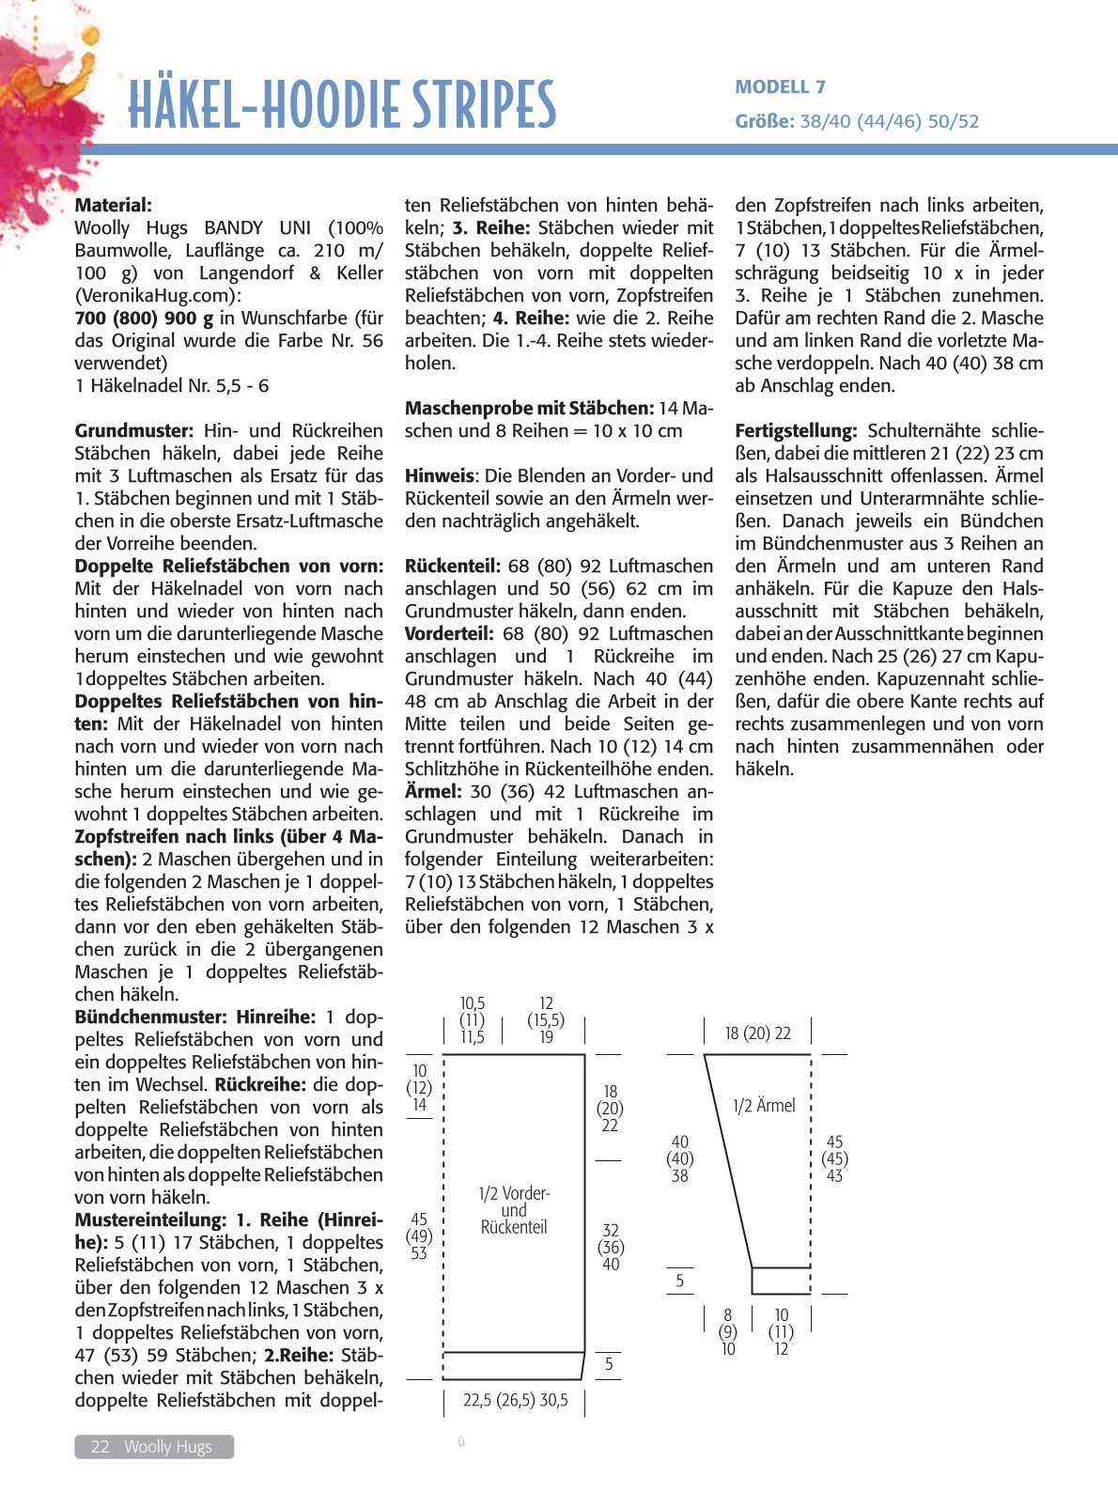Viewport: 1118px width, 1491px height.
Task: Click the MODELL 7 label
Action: click(780, 87)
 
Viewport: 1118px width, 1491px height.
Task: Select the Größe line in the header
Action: click(856, 121)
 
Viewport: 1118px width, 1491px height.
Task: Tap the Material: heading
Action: click(113, 205)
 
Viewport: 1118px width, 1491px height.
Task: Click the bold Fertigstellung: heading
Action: click(796, 430)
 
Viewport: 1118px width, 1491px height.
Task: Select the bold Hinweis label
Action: click(439, 475)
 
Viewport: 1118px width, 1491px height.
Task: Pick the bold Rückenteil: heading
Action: click(452, 566)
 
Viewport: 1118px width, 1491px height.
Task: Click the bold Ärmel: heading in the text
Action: click(433, 791)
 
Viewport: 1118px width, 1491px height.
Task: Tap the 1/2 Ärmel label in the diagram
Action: click(764, 1106)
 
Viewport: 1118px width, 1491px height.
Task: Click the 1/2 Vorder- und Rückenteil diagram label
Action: click(514, 1210)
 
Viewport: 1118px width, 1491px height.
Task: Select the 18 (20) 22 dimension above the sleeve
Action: click(757, 1033)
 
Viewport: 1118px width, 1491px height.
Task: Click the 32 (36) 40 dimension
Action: click(611, 1247)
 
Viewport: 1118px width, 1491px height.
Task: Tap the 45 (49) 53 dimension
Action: click(419, 1235)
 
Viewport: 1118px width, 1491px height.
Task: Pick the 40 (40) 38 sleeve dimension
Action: click(679, 1158)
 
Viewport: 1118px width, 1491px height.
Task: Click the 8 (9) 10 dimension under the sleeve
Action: click(728, 1331)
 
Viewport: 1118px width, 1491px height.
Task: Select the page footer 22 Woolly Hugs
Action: click(153, 1447)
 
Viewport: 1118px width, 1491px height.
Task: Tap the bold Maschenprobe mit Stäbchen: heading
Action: click(529, 408)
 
